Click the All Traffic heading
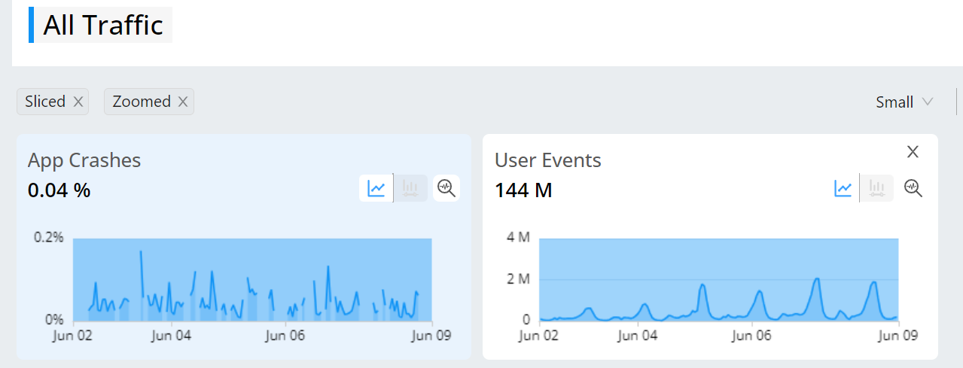[103, 25]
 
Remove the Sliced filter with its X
[78, 102]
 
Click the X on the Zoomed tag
[183, 102]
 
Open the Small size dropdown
[904, 102]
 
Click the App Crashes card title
[84, 160]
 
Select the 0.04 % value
[59, 190]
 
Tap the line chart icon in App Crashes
[376, 188]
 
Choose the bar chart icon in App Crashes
[410, 188]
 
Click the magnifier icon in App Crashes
[446, 188]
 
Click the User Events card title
[547, 160]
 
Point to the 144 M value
[523, 190]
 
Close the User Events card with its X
[913, 152]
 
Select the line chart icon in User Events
[843, 188]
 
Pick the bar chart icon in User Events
[876, 188]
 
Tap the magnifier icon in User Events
[913, 188]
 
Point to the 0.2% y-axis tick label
[49, 237]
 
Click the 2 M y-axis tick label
[519, 279]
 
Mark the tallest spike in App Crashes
[141, 251]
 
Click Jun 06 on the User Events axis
[751, 336]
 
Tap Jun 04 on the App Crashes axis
[171, 336]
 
